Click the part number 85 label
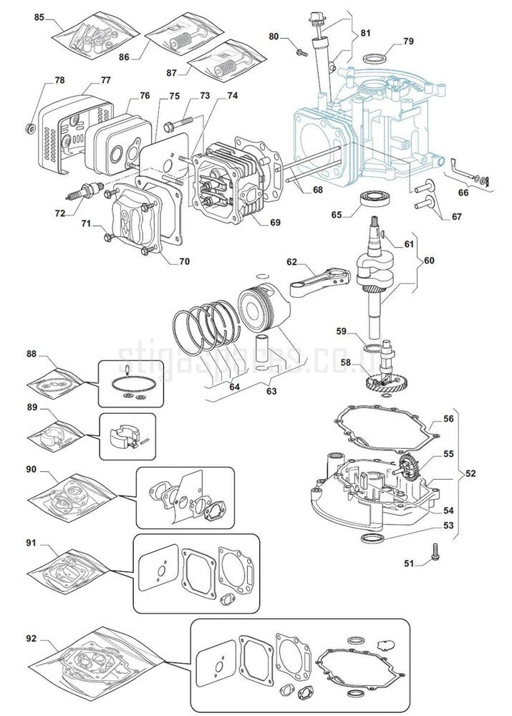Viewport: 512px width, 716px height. pos(39,16)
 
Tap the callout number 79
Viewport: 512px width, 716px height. pos(407,42)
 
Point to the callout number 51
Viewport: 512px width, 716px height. pos(409,563)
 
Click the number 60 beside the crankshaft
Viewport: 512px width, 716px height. pos(428,260)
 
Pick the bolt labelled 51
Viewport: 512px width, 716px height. pos(435,552)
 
